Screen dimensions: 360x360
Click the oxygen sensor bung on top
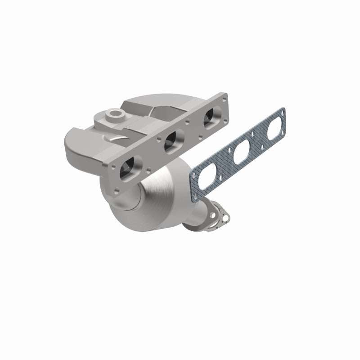pos(114,113)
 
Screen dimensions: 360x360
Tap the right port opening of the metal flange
pos(209,117)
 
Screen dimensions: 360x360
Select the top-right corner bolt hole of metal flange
pos(221,98)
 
